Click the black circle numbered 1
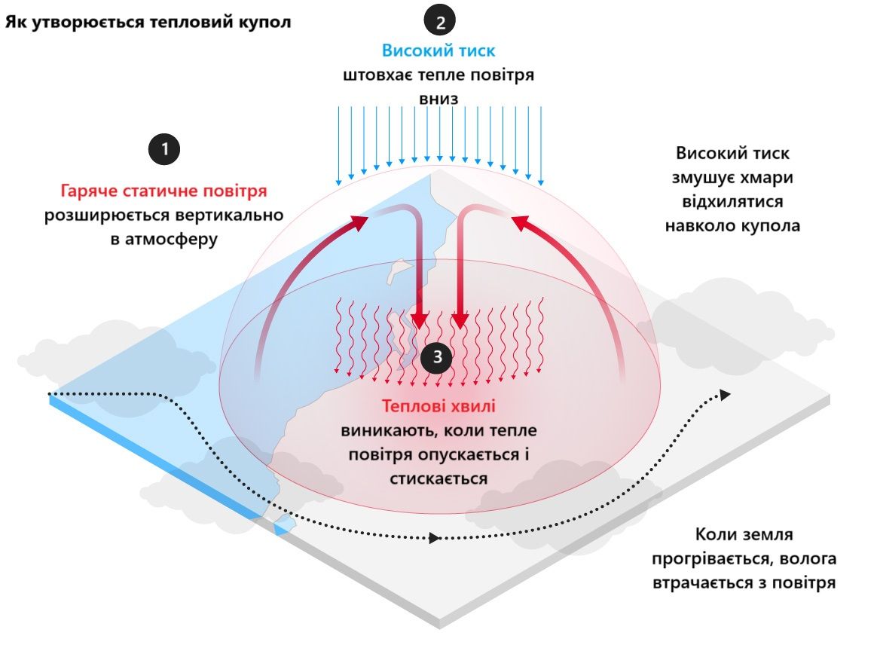(x=165, y=148)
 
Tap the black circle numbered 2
(x=440, y=20)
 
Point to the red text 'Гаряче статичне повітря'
(x=163, y=191)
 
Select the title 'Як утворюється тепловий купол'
(x=148, y=21)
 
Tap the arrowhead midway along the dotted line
(x=435, y=538)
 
